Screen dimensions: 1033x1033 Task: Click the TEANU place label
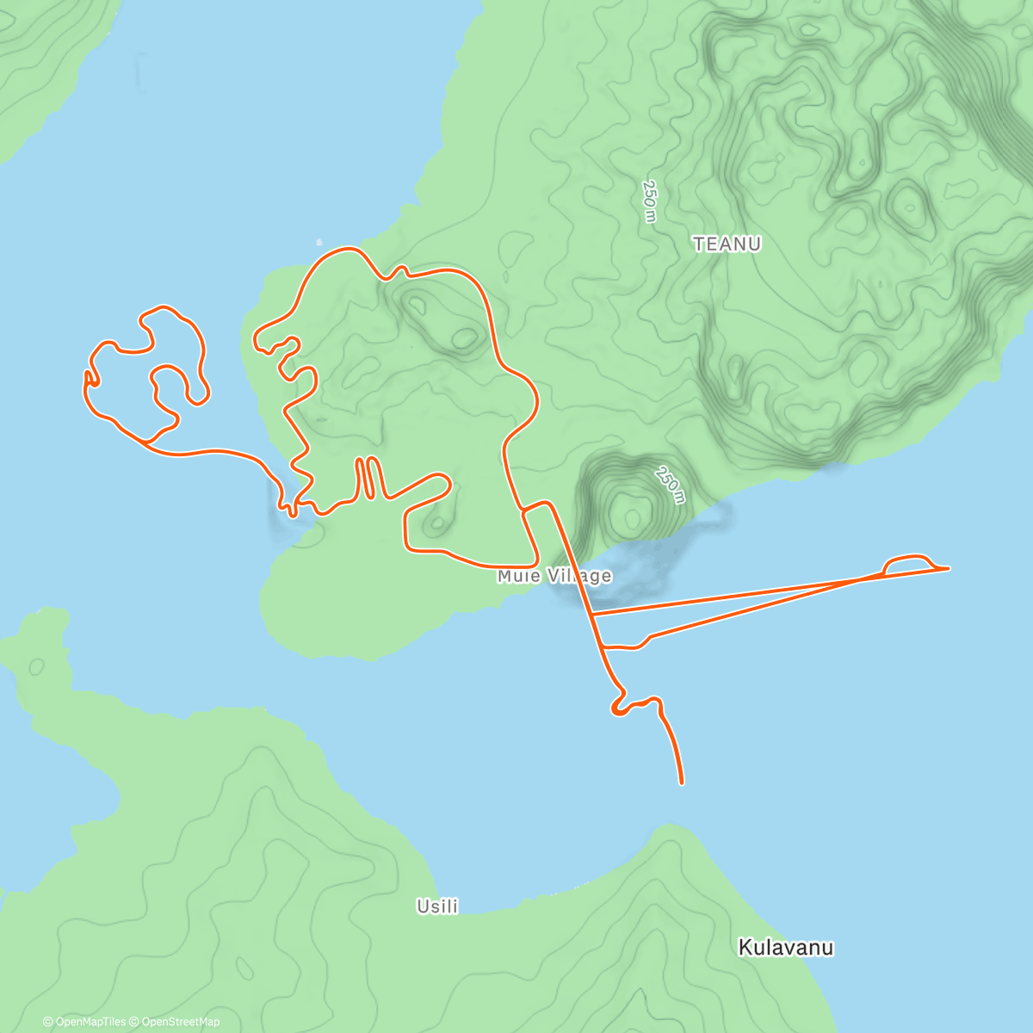(727, 244)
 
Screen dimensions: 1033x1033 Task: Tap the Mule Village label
(554, 576)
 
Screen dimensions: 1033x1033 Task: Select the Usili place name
(437, 906)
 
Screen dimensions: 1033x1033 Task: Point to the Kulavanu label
(786, 948)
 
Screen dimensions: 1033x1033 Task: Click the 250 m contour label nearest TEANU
(650, 201)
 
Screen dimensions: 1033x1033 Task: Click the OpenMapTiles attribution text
(84, 1022)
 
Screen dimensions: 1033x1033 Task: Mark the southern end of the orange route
(682, 782)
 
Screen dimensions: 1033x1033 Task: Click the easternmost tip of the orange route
(948, 568)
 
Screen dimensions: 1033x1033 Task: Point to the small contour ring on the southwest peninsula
(36, 666)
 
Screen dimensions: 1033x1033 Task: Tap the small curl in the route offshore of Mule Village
(616, 708)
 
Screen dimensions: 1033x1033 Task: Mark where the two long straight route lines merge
(861, 579)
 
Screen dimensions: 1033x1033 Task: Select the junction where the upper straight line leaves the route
(592, 614)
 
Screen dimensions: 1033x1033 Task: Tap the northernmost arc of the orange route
(348, 249)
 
